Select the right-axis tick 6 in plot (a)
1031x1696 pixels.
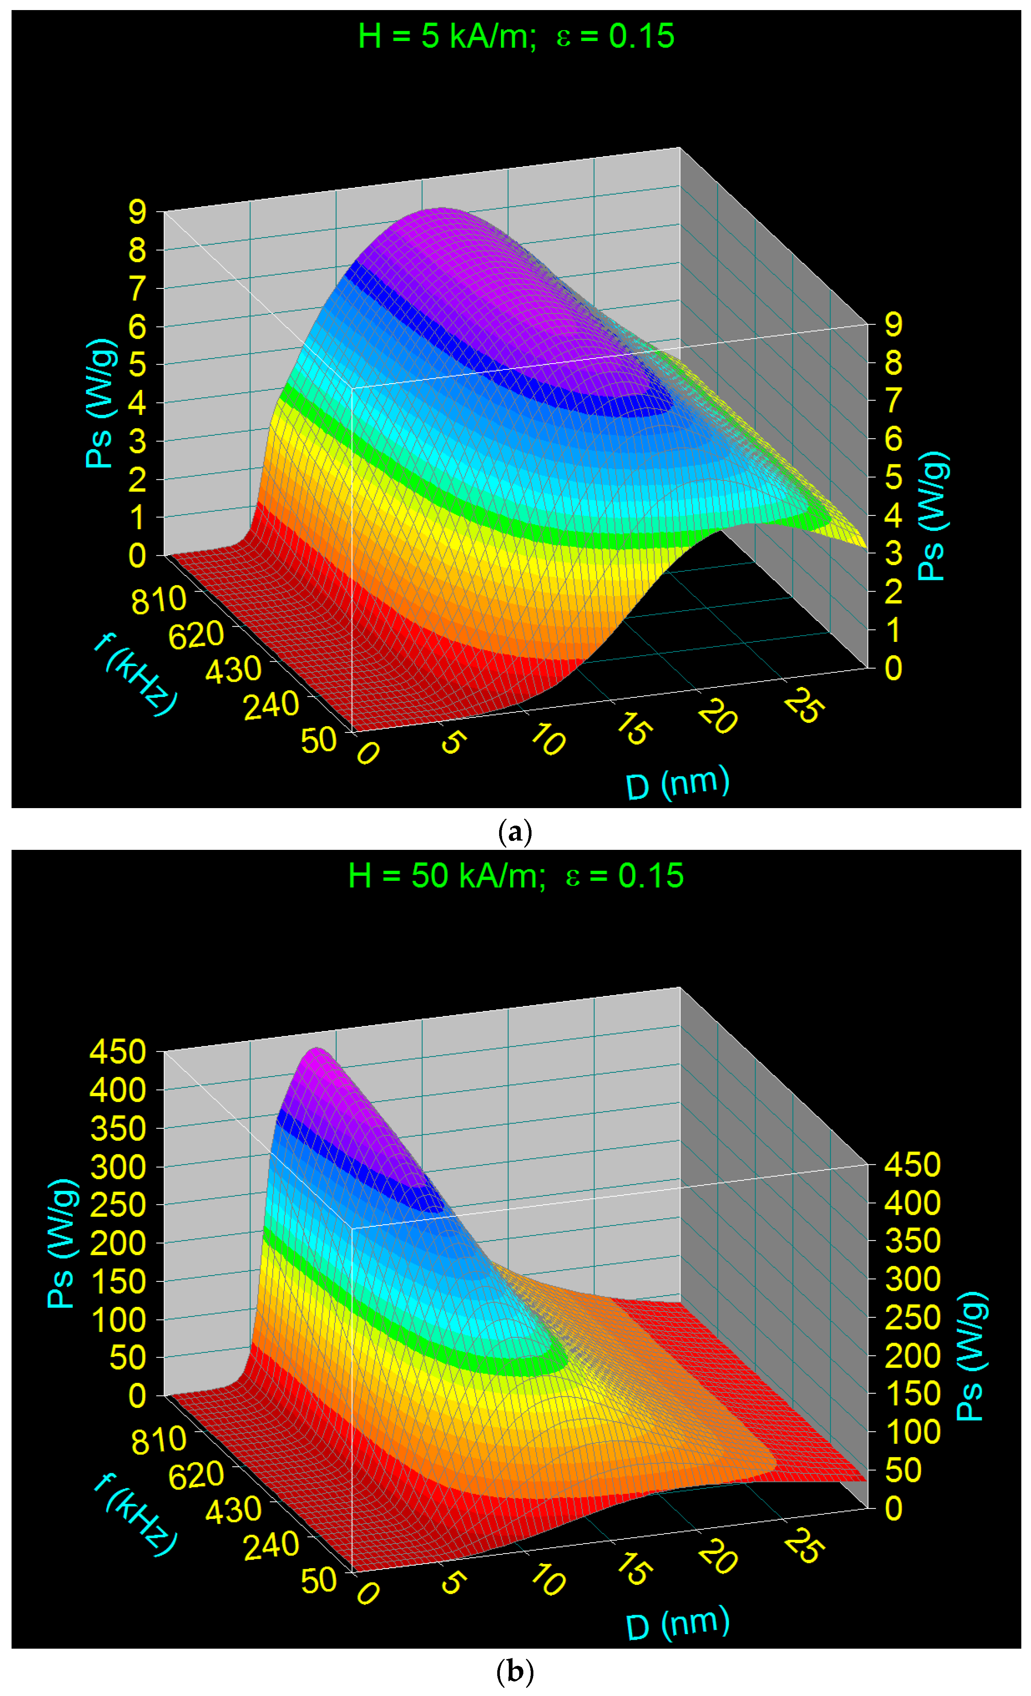(x=893, y=438)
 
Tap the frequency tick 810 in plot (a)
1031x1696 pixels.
(x=158, y=600)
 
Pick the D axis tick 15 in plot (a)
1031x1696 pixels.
(x=631, y=728)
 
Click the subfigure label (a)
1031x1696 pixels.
(x=515, y=832)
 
